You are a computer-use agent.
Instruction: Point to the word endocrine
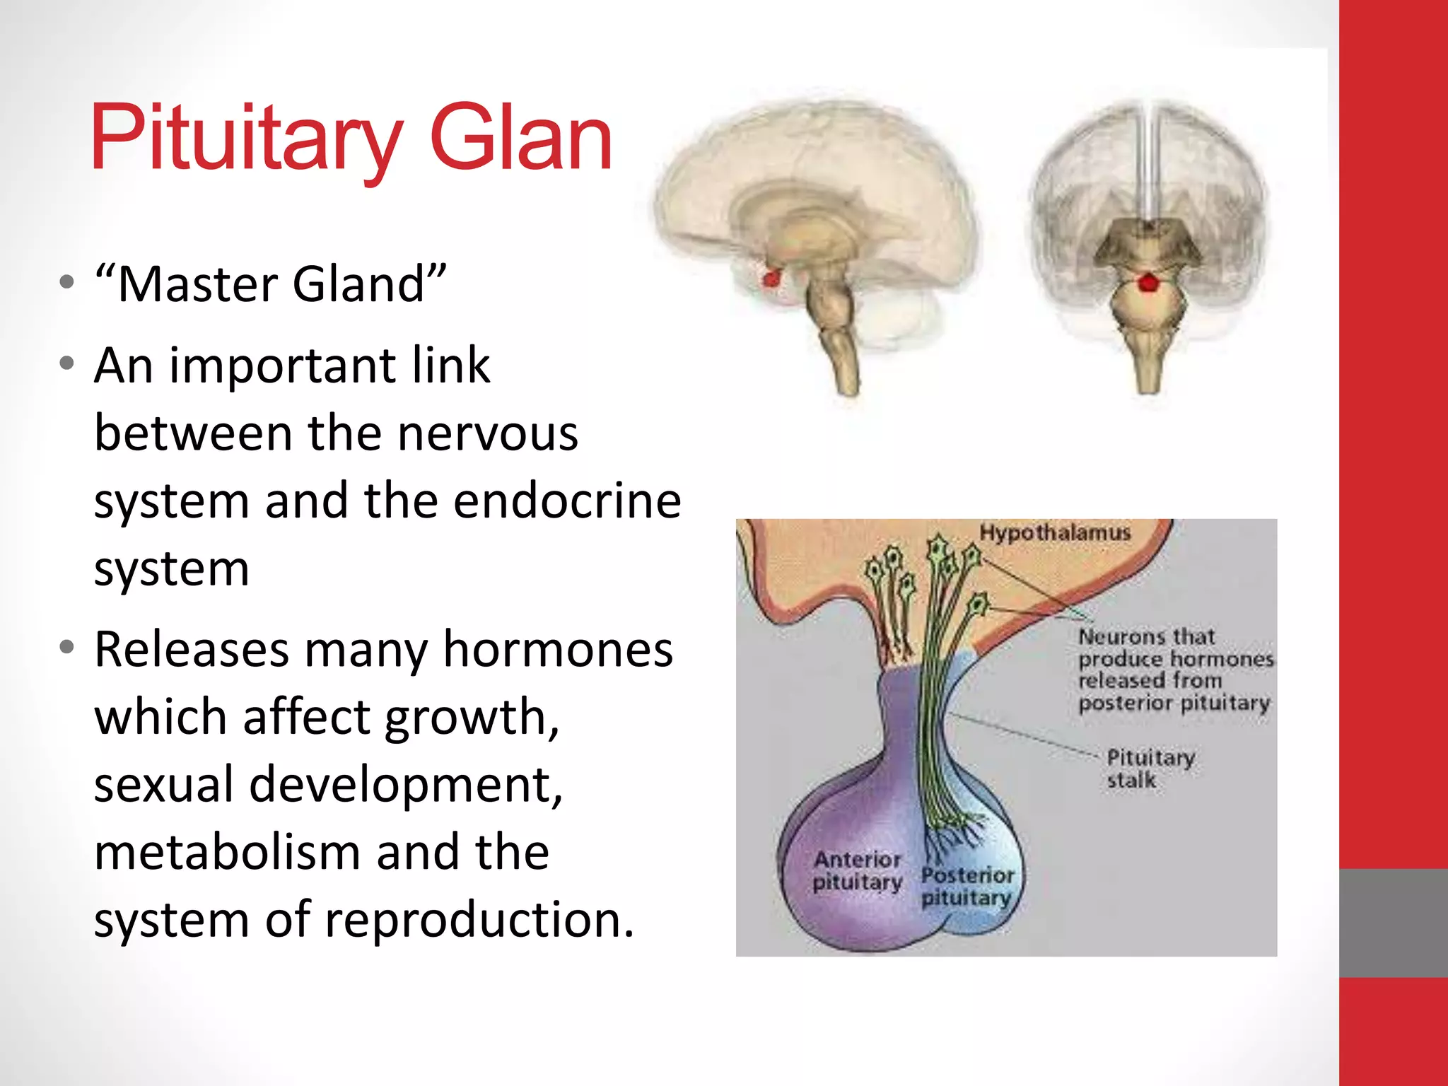coord(567,501)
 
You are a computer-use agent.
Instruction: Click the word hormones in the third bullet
coord(558,649)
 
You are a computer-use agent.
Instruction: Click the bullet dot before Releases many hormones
coord(67,648)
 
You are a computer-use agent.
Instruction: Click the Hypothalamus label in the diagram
coord(1055,532)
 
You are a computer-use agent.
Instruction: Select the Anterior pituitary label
coord(857,871)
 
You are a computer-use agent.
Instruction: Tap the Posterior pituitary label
coord(967,887)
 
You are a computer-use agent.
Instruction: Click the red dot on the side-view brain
coord(771,279)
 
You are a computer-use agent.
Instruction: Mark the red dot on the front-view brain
coord(1148,283)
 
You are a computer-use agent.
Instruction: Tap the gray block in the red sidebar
coord(1393,923)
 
